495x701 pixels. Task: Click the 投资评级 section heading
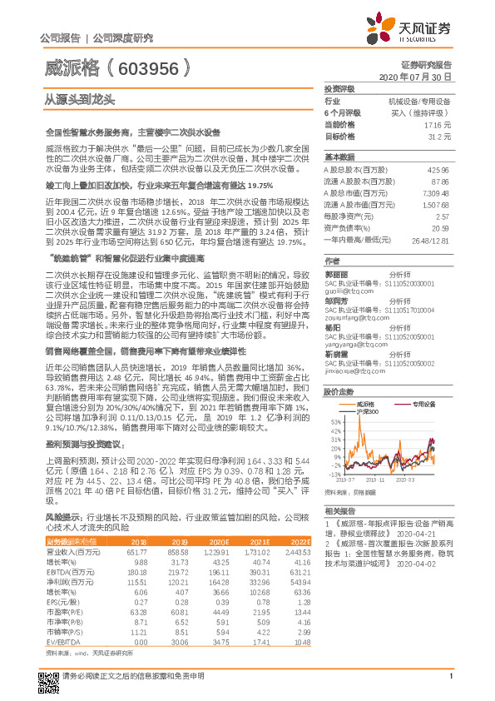click(x=339, y=88)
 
